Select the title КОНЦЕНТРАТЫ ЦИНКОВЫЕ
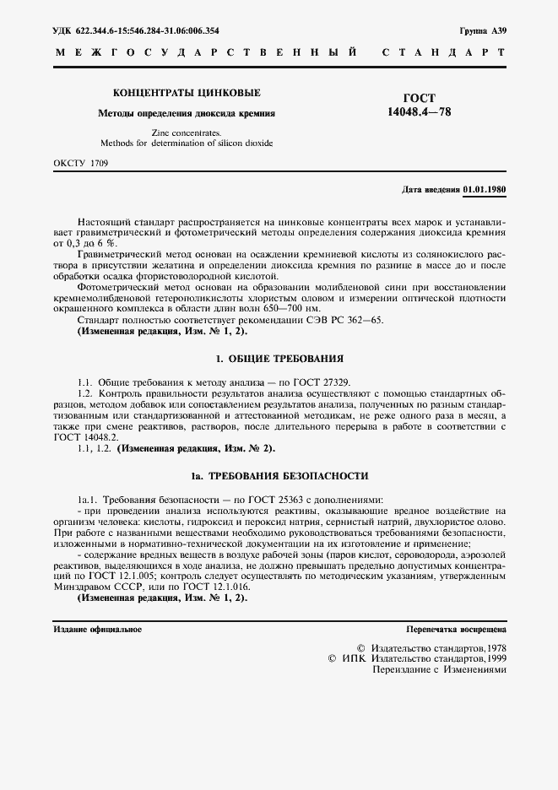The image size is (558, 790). [187, 93]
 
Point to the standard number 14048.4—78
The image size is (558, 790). [420, 111]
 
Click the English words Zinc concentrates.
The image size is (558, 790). [187, 133]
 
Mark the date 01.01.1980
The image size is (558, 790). [485, 191]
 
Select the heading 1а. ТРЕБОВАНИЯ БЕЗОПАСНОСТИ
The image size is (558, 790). [279, 476]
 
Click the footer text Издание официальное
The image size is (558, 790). [98, 630]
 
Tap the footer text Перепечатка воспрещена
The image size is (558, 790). [456, 630]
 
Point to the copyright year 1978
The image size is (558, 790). [491, 646]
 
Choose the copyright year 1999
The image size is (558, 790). [491, 657]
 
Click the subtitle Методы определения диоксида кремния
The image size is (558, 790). [187, 112]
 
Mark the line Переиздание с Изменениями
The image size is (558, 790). [439, 669]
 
